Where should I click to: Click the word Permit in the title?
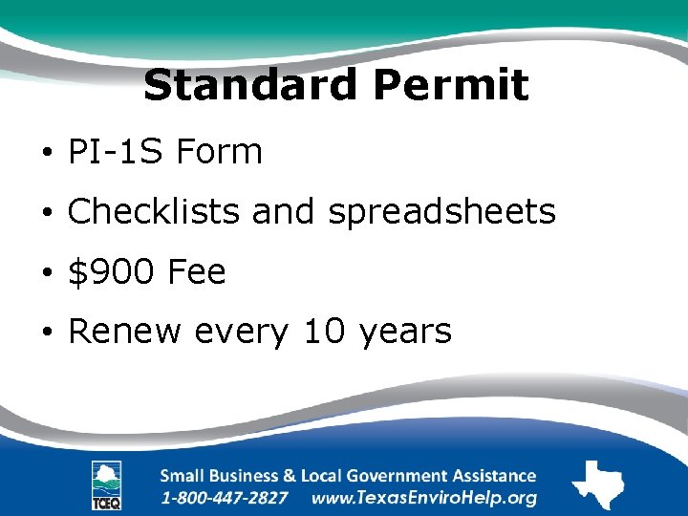click(x=451, y=85)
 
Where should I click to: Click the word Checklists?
click(x=154, y=211)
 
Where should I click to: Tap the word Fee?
click(x=197, y=272)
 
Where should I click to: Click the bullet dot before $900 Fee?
click(x=45, y=274)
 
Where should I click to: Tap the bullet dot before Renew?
click(x=45, y=333)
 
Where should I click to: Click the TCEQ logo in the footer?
click(x=106, y=484)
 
